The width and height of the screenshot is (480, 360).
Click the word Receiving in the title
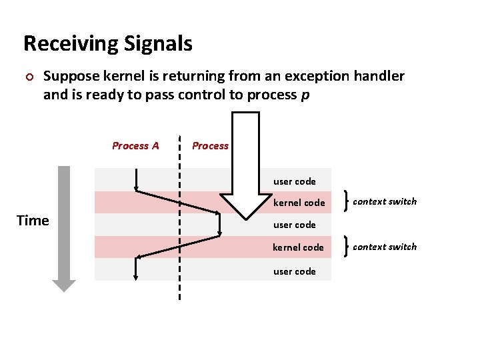71,44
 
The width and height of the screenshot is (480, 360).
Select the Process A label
135,146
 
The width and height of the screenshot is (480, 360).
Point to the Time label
33,221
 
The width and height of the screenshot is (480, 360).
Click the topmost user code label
294,181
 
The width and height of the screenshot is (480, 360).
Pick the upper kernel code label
299,203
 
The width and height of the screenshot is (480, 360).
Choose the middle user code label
294,225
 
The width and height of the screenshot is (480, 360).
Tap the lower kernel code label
298,247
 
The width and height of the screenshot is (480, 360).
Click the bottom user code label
294,271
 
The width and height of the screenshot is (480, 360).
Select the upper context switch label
385,201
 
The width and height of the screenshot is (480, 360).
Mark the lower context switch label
385,247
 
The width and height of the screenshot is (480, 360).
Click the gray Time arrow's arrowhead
64,285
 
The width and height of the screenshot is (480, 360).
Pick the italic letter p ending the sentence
305,95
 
